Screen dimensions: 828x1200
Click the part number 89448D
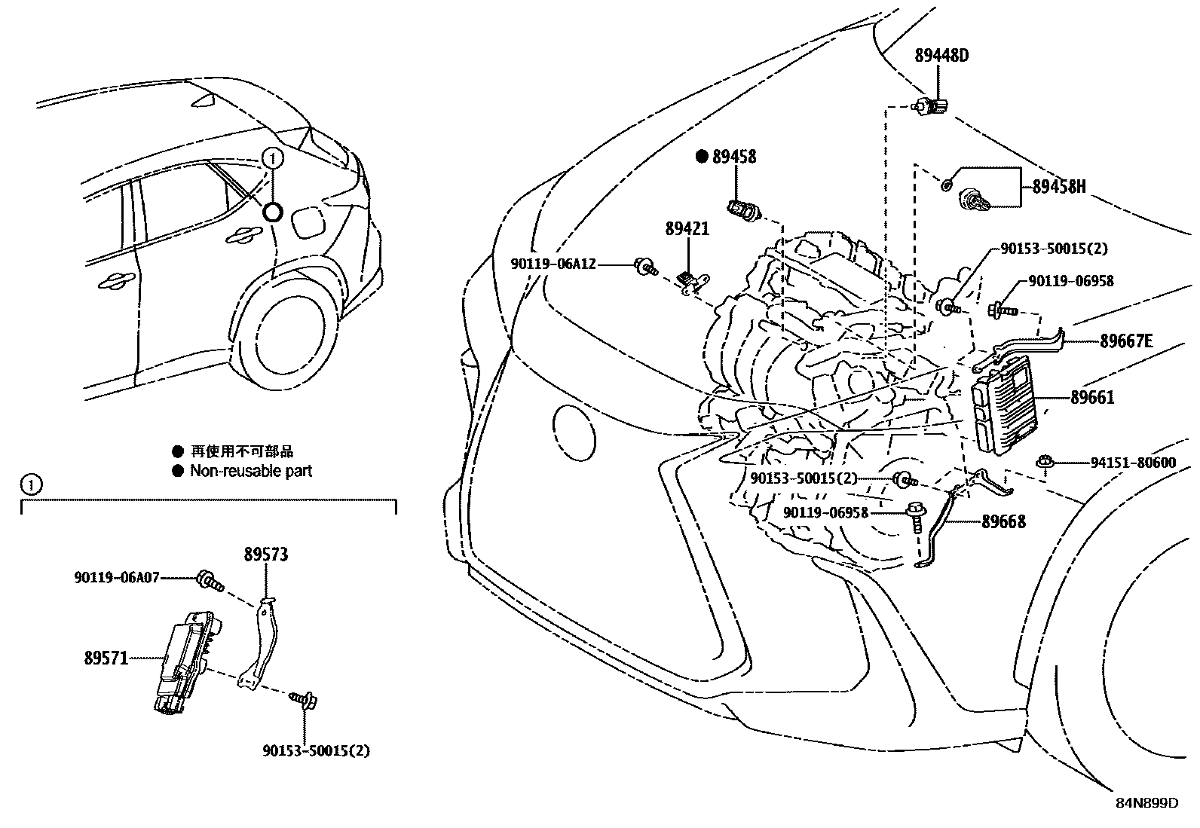pos(941,55)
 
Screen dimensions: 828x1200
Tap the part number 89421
pos(687,228)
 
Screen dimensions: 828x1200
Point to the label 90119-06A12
pos(553,264)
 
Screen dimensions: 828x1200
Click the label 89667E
pos(1126,341)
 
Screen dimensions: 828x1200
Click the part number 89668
pos(1003,521)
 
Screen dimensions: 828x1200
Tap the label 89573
pos(265,555)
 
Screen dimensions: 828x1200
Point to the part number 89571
pos(106,658)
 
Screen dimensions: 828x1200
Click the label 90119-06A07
pos(117,577)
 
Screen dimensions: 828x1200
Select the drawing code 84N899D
pos(1146,802)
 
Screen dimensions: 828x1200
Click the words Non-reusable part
pos(250,471)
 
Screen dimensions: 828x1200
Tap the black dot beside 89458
pos(702,157)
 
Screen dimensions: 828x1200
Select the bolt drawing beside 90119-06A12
pos(647,265)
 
